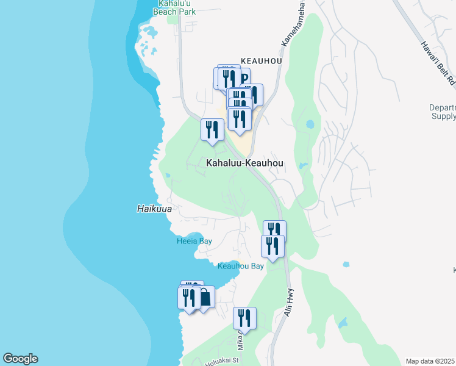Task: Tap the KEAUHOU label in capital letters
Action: (x=261, y=61)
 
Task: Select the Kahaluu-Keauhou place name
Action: (x=245, y=163)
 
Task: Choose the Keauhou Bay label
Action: (x=241, y=267)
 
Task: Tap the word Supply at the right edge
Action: (x=443, y=116)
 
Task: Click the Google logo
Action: (x=20, y=359)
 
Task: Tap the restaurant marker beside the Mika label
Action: (x=244, y=318)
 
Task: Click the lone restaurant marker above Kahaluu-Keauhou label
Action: (x=212, y=130)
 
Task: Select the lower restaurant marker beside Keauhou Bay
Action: (x=273, y=246)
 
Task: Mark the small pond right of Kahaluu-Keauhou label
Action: (x=303, y=165)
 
